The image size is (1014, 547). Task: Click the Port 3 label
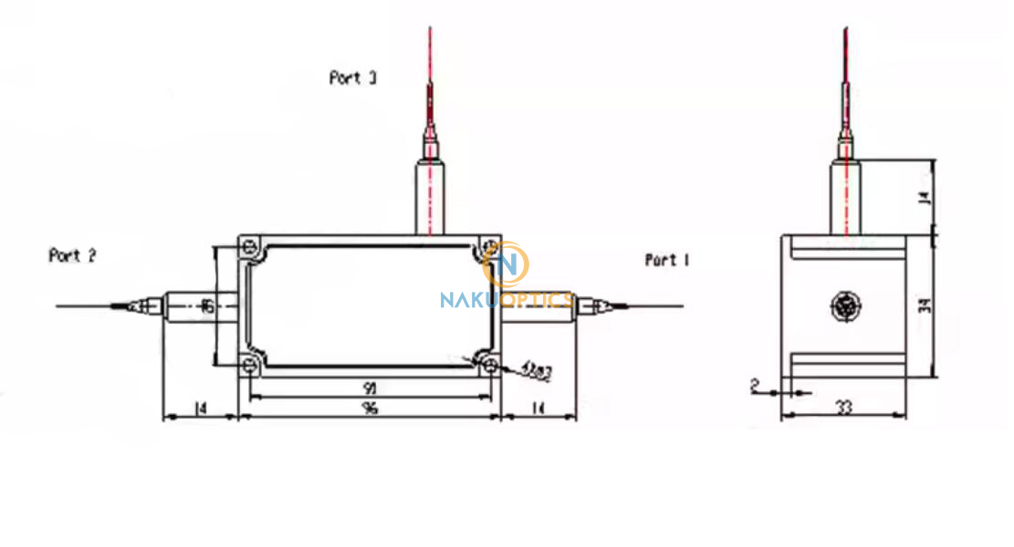352,78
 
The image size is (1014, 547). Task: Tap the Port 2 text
72,256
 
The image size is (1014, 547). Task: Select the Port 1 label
666,261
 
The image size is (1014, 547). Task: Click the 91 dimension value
370,387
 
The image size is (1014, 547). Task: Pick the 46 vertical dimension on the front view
206,307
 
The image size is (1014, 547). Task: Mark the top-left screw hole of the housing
248,246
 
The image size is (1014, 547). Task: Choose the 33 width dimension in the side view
843,408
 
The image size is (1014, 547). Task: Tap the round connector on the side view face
843,306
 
